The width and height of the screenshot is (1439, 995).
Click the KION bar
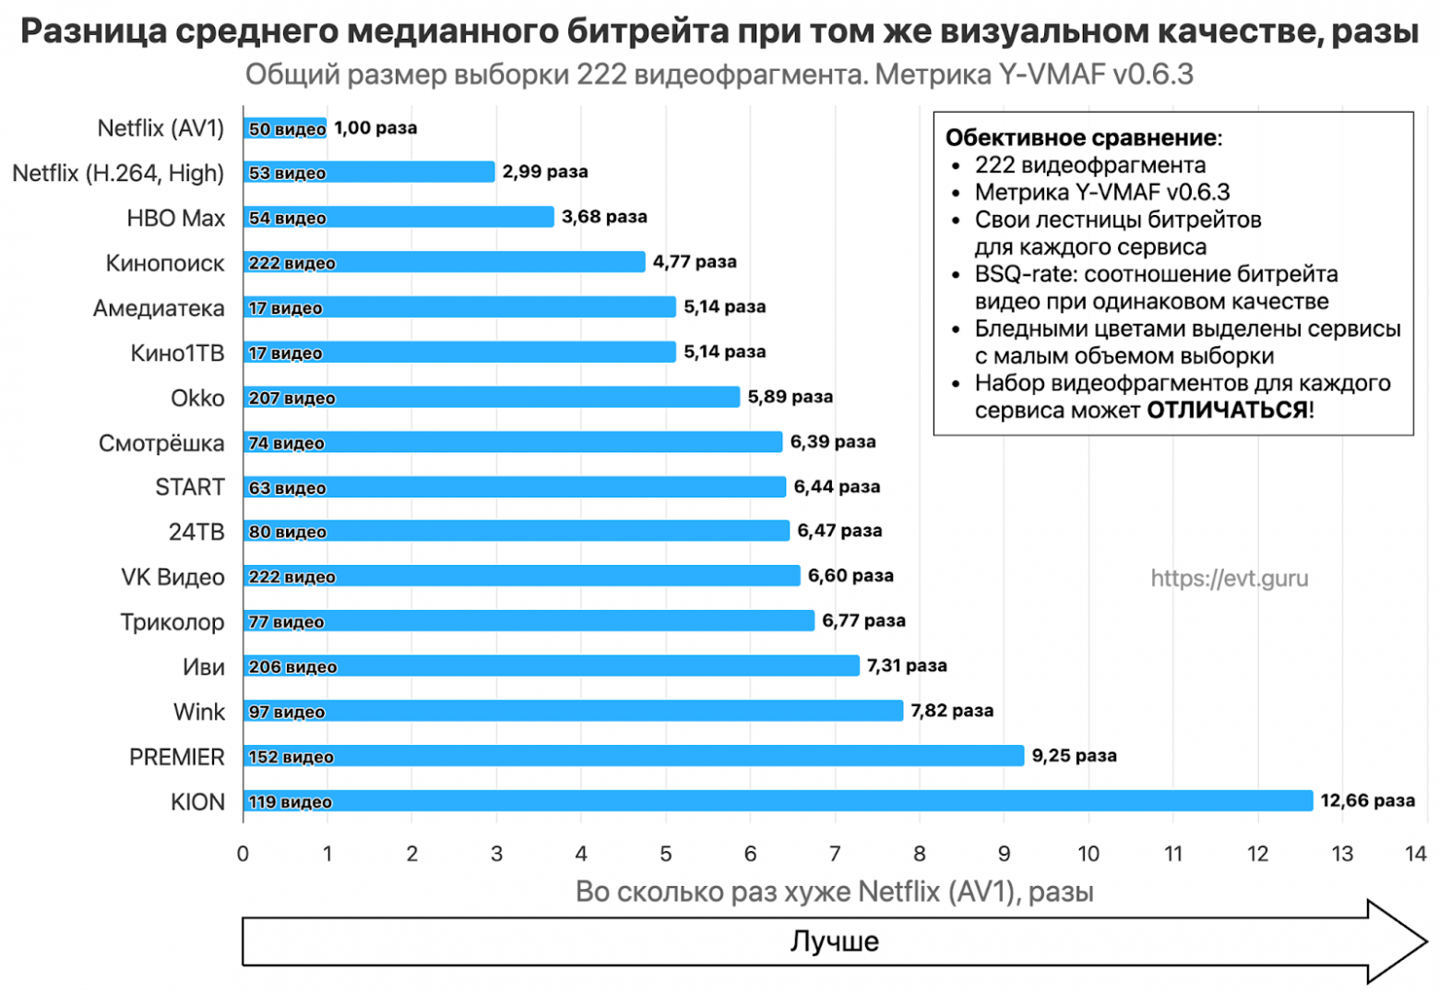778,801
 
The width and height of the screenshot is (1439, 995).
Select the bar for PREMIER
634,756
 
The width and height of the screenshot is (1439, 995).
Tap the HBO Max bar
398,217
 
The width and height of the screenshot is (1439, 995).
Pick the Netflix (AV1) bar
285,128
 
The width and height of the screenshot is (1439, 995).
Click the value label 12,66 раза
1367,800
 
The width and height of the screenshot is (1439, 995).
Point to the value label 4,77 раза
695,262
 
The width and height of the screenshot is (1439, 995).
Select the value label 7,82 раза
952,711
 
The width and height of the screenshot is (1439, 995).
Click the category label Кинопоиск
165,263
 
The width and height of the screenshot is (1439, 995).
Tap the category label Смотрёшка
161,443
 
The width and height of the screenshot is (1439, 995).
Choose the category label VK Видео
172,577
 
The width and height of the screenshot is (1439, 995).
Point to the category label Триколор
172,622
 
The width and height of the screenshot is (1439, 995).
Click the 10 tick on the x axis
1088,854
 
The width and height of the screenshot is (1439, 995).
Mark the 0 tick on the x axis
243,854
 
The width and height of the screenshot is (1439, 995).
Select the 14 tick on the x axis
1416,854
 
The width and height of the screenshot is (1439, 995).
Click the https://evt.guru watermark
1229,579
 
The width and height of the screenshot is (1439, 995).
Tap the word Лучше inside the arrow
835,941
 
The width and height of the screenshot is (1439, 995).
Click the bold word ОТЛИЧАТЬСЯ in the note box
1227,410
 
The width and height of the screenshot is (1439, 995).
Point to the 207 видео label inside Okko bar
291,398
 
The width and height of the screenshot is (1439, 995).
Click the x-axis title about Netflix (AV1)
835,892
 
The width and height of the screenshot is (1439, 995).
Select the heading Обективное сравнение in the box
1081,138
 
